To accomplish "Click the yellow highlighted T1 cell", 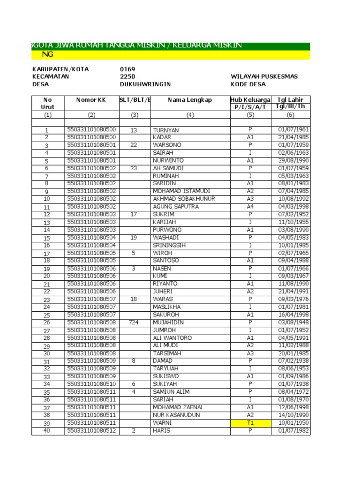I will pyautogui.click(x=250, y=423).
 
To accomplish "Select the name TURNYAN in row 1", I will pyautogui.click(x=165, y=130).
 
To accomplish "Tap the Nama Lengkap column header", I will pyautogui.click(x=190, y=100).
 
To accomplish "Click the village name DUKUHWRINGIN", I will pyautogui.click(x=145, y=84).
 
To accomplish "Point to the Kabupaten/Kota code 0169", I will pyautogui.click(x=127, y=69).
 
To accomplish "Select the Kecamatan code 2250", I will pyautogui.click(x=127, y=77).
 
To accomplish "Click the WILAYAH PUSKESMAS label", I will pyautogui.click(x=264, y=77).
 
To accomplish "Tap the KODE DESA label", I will pyautogui.click(x=248, y=84).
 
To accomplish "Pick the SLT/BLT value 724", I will pyautogui.click(x=134, y=322).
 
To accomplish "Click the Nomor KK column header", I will pyautogui.click(x=91, y=100).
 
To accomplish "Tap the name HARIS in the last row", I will pyautogui.click(x=161, y=431).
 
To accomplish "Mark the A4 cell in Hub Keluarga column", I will pyautogui.click(x=250, y=207).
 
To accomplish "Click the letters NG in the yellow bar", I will pyautogui.click(x=47, y=54).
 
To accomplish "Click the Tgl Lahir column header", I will pyautogui.click(x=290, y=100).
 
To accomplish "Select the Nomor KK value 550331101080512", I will pyautogui.click(x=92, y=431).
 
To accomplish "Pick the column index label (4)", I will pyautogui.click(x=190, y=114).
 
